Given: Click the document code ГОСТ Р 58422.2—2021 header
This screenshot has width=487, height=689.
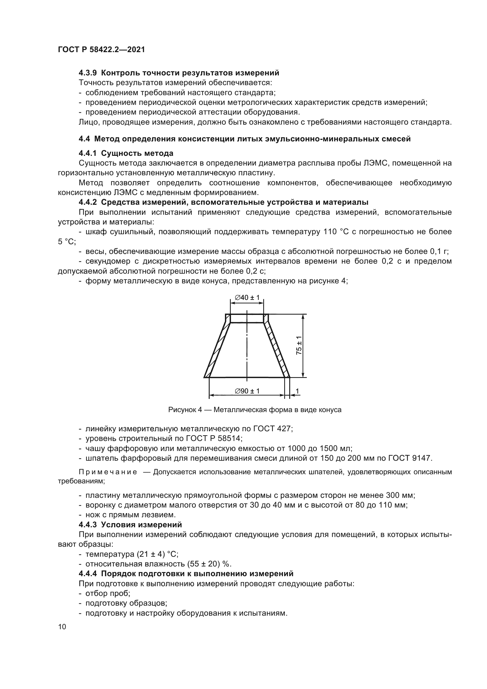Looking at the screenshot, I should click(x=101, y=49).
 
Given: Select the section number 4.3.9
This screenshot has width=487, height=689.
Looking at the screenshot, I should click(x=87, y=73).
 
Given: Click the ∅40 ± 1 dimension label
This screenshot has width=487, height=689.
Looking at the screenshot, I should click(x=247, y=298).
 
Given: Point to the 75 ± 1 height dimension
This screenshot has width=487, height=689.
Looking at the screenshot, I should click(x=299, y=346).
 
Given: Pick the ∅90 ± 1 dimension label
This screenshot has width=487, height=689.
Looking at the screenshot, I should click(x=247, y=391).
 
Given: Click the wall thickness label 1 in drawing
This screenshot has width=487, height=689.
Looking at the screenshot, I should click(x=297, y=391).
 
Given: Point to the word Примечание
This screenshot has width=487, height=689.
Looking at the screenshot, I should click(x=108, y=472).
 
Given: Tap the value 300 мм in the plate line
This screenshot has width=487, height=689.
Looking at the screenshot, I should click(x=400, y=495).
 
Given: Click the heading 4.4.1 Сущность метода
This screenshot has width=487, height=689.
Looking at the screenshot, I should click(x=126, y=153).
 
